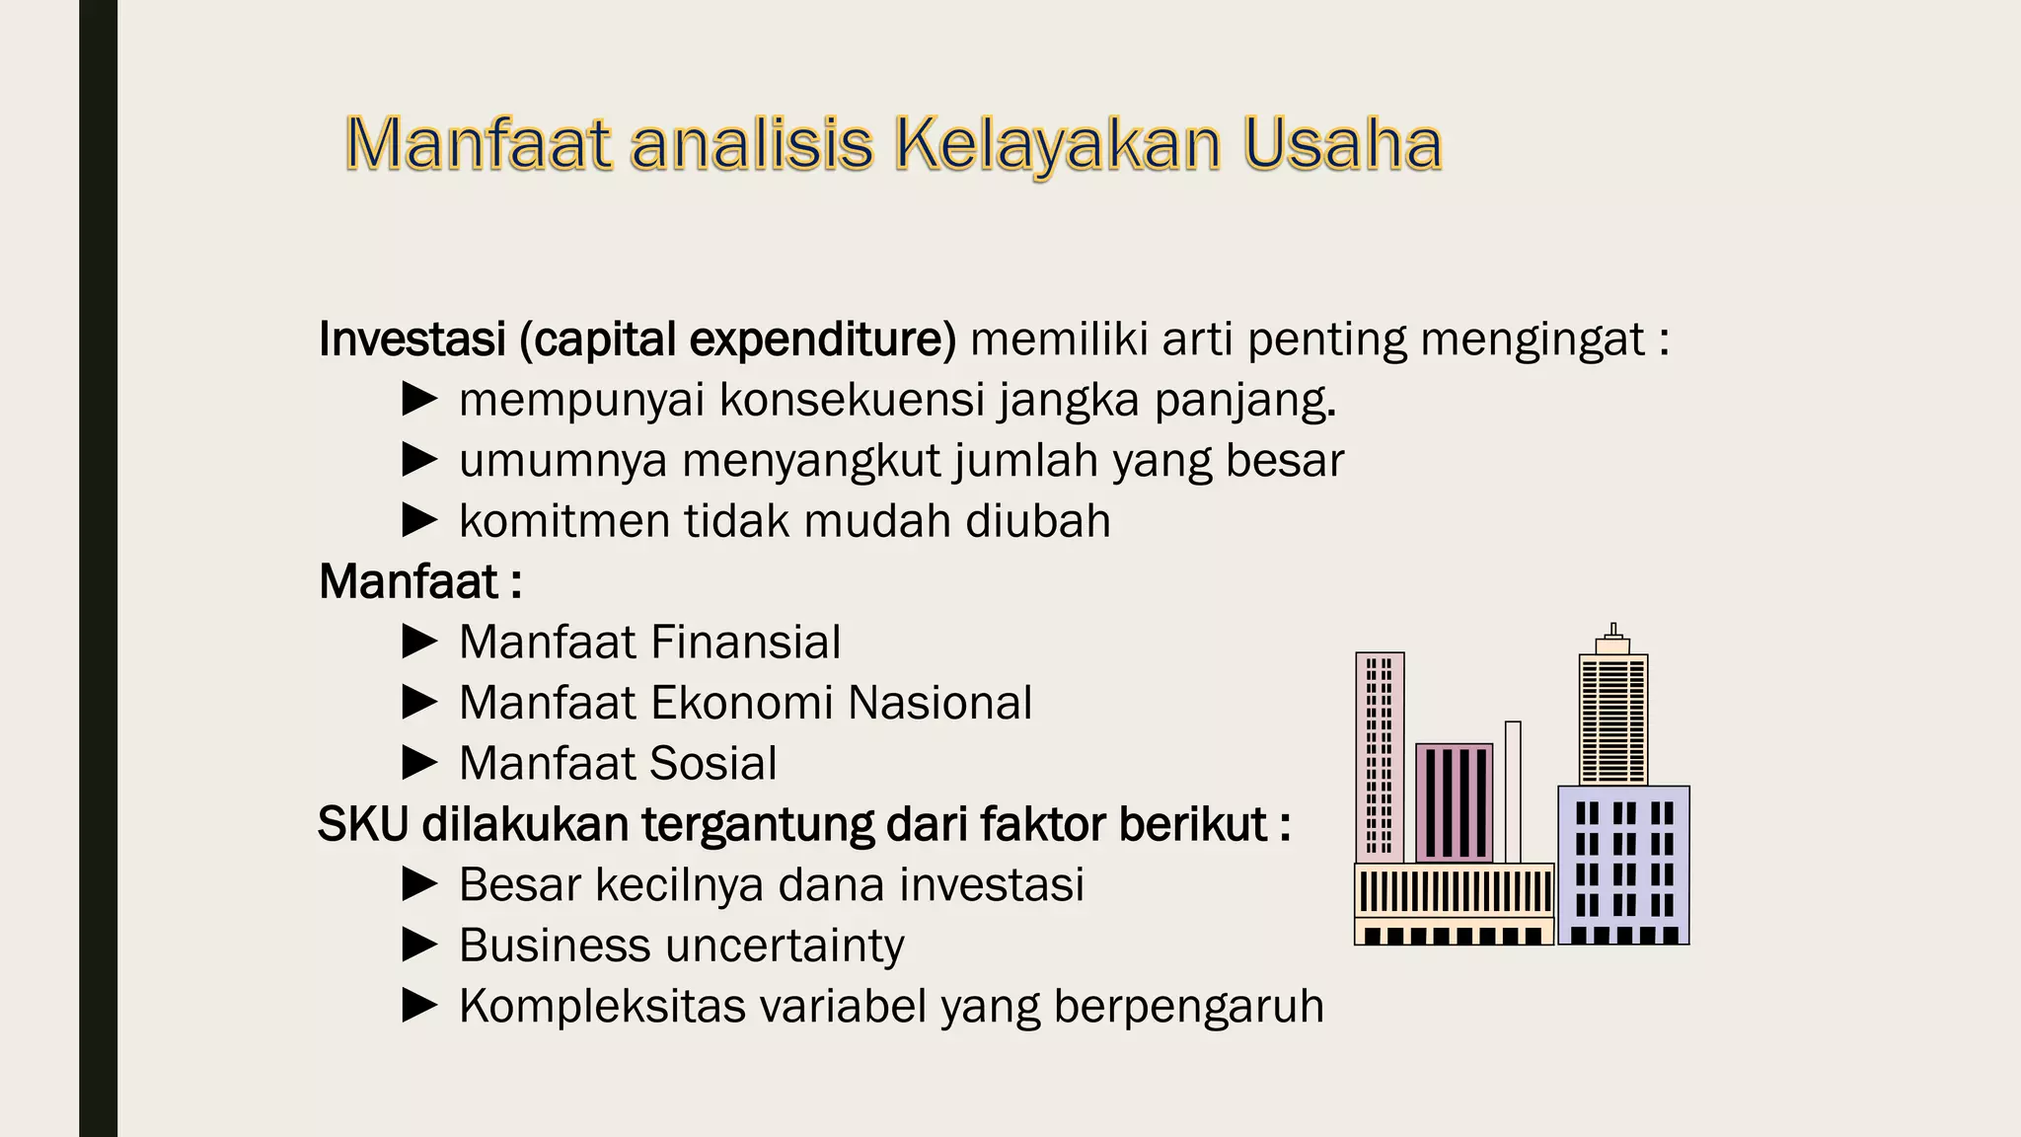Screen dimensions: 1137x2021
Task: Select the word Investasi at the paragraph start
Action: (412, 339)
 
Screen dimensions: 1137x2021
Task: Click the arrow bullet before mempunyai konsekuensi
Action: (420, 400)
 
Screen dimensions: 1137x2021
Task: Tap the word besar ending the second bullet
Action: (1285, 461)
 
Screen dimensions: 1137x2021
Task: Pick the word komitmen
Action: (564, 521)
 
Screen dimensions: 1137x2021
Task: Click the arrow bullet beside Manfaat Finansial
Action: (420, 642)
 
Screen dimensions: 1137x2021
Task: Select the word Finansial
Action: (746, 643)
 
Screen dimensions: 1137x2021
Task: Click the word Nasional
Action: (939, 703)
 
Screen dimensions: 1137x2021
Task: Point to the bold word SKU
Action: (362, 824)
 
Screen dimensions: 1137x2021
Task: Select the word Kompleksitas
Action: (602, 1007)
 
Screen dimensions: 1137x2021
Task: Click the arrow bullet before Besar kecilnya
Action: (420, 884)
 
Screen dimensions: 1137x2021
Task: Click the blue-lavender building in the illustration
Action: (1623, 864)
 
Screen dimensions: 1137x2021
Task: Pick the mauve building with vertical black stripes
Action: (1454, 802)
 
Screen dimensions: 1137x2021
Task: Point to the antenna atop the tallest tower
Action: (1613, 630)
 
